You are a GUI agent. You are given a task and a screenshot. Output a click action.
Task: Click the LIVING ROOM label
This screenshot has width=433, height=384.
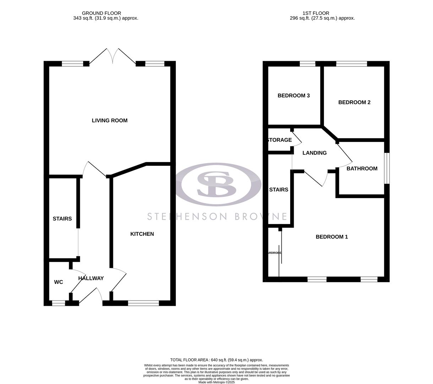coord(109,121)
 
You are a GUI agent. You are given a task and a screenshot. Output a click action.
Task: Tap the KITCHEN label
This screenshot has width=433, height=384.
coord(142,234)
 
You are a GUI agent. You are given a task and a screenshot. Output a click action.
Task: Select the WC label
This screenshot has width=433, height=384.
coord(59,282)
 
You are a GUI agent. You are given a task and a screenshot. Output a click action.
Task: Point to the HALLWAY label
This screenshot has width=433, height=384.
coord(91,278)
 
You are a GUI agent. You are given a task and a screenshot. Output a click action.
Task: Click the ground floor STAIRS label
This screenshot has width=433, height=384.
coord(62,219)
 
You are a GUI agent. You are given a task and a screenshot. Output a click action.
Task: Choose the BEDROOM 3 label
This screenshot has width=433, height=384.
coord(294,96)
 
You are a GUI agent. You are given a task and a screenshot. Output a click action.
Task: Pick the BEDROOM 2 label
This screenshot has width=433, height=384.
coord(354,102)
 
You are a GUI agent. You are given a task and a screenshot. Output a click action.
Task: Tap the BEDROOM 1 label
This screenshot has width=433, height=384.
coord(332,237)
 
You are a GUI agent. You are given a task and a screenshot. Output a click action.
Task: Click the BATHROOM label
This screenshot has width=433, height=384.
coord(362,169)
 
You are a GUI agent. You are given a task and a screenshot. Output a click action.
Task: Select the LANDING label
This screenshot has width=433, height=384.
coord(314,153)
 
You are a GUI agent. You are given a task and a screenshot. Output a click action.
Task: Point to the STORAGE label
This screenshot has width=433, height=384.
coord(280,140)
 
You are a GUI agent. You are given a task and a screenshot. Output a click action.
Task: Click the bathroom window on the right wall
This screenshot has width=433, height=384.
coord(387,168)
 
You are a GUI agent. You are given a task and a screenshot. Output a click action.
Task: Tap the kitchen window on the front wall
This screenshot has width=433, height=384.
coord(143,303)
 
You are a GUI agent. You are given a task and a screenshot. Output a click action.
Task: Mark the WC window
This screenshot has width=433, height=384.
coord(59,303)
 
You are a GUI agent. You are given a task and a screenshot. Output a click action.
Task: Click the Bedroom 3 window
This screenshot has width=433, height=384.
coord(307,64)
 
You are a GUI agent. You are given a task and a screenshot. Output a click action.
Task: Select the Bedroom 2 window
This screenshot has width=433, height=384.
coord(351,64)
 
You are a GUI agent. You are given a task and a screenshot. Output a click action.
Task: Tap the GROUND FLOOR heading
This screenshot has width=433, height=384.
coord(101,13)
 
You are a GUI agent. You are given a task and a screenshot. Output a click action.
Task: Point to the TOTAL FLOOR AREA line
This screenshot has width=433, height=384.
coord(217,360)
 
